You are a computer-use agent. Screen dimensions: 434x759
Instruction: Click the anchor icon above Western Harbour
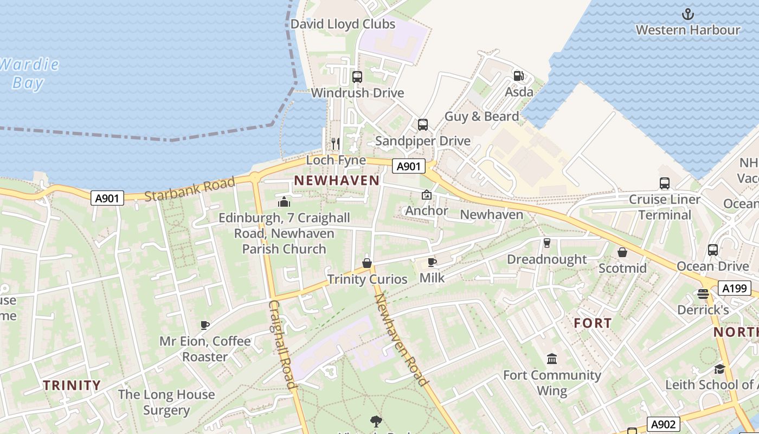coord(688,14)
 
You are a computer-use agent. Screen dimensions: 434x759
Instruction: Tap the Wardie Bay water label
coord(28,74)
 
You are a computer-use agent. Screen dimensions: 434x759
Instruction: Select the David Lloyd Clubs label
coord(343,24)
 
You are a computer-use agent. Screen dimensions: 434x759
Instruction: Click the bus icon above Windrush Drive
coord(357,77)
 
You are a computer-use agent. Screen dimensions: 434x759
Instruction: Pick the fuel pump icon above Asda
coord(519,76)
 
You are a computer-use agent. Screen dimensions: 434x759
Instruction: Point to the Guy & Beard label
coord(481,116)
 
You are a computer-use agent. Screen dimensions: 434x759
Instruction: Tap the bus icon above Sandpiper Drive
coord(423,125)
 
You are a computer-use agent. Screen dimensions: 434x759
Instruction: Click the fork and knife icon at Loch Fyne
coord(336,143)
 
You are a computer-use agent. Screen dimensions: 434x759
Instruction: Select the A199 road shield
coord(735,289)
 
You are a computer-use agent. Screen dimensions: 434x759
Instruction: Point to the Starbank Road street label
coord(190,188)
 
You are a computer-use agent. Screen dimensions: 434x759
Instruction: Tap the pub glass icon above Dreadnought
coord(546,243)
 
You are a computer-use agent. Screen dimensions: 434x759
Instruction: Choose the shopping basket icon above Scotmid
coord(622,252)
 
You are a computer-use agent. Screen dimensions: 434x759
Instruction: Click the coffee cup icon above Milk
coord(432,263)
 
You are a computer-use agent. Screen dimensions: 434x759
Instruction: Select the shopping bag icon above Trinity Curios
coord(367,264)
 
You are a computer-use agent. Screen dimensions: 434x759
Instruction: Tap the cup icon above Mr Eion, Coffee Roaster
coord(205,325)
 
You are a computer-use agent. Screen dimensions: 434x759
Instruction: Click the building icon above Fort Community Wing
coord(552,359)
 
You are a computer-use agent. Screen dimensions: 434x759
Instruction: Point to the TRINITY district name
coord(72,386)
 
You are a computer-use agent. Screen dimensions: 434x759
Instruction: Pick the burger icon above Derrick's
coord(703,294)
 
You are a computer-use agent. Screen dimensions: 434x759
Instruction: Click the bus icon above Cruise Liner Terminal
coord(665,183)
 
